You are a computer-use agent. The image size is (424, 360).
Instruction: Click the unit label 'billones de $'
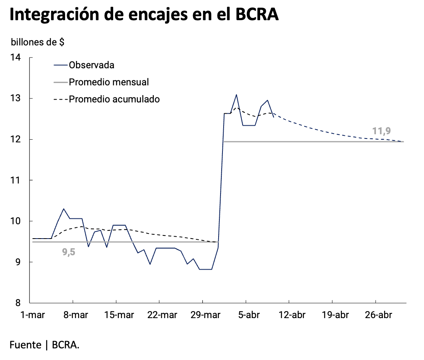click(38, 42)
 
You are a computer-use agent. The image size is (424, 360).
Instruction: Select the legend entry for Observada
click(91, 65)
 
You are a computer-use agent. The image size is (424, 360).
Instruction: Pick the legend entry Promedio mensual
click(109, 82)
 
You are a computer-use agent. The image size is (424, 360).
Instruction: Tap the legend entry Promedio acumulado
click(114, 99)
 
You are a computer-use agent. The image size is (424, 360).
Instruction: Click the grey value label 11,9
click(381, 131)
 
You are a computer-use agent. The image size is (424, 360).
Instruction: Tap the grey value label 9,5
click(69, 252)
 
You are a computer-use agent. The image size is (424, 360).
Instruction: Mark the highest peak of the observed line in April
click(236, 95)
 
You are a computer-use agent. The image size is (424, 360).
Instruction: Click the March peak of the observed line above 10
click(64, 209)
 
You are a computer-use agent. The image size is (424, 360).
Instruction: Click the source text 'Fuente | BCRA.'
click(45, 344)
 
